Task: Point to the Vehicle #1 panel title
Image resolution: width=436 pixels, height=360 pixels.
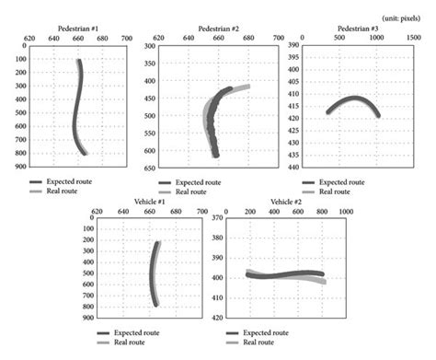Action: click(140, 202)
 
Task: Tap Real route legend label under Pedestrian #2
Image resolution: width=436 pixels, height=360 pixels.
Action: click(191, 192)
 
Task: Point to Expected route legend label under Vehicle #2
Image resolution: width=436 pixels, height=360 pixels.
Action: click(272, 331)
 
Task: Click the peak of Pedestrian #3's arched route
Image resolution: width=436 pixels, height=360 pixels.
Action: click(354, 98)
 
